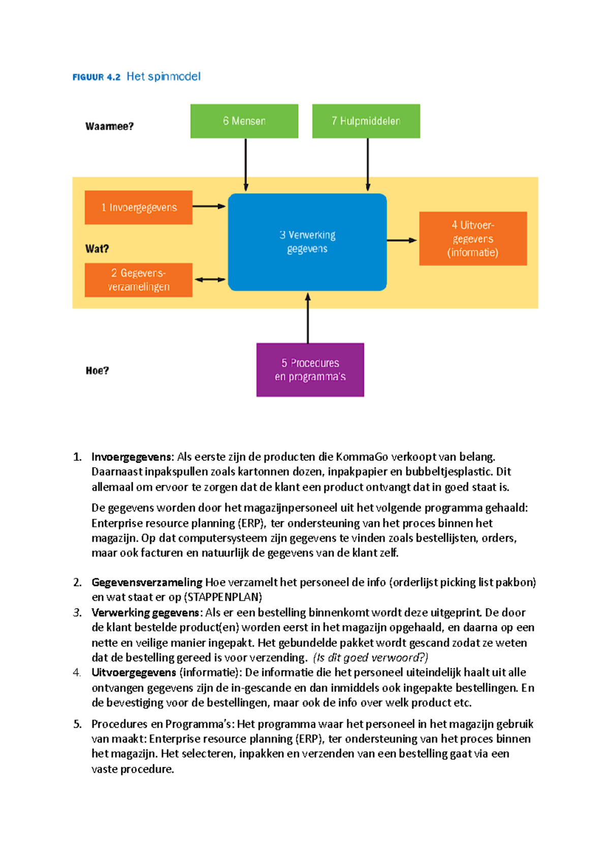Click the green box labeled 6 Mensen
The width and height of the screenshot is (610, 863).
coord(244,121)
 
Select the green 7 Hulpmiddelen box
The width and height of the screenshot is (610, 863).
coord(366,121)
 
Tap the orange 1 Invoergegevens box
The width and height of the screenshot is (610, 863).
coord(138,207)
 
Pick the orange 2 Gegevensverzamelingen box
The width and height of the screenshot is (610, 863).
coord(138,280)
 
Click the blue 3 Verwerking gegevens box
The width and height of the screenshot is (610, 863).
coord(307,242)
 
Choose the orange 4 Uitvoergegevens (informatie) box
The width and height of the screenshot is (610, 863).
coord(473,238)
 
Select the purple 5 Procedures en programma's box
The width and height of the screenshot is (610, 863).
coord(310,369)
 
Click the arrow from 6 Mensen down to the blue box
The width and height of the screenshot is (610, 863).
coord(246,164)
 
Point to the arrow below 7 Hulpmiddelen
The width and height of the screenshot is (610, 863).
coord(368,164)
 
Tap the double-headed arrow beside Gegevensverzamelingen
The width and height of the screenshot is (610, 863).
coord(210,280)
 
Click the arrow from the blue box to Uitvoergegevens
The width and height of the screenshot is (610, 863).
coord(402,240)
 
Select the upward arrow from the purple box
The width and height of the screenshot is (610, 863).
coord(308,318)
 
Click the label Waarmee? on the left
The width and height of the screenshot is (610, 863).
coord(109,127)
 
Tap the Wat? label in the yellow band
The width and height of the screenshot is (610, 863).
coord(97,249)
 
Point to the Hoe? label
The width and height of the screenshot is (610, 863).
coord(97,371)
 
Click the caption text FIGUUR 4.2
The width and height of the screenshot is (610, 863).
coord(97,77)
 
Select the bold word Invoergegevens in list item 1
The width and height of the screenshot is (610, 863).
coord(132,457)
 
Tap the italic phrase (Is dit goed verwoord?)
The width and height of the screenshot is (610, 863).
coord(371,658)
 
